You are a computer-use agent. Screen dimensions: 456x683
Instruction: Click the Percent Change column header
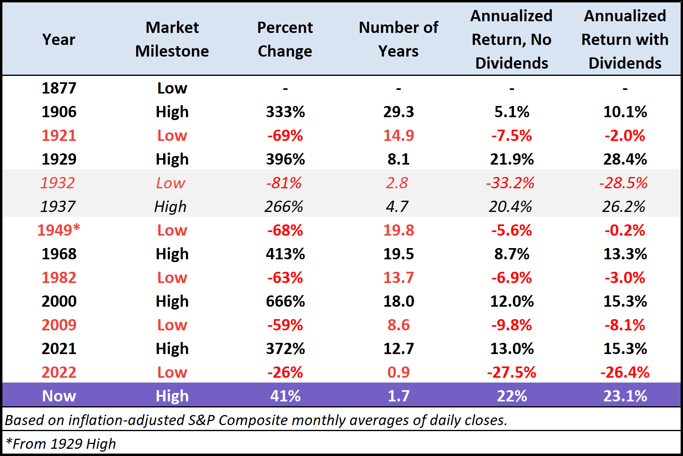point(285,39)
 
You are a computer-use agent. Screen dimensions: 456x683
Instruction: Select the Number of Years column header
point(398,39)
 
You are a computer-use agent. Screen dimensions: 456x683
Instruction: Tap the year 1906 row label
point(59,112)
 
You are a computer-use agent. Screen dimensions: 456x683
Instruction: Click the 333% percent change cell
point(285,112)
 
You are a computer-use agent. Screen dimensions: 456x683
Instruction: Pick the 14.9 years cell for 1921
point(398,135)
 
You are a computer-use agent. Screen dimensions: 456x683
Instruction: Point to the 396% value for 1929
point(285,159)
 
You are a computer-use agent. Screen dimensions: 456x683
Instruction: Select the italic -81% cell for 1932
point(283,183)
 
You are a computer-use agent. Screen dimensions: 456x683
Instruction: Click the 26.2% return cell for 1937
point(624,206)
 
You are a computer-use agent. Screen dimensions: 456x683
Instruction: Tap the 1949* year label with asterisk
point(59,230)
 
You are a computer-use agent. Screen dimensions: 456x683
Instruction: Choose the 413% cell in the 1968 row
point(285,254)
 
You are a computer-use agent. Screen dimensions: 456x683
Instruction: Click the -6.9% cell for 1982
point(512,277)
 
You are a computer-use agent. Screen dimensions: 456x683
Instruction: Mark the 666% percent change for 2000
point(285,301)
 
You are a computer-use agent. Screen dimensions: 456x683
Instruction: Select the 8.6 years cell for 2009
point(398,325)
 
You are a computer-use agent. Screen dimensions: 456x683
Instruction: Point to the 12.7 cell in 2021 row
point(398,348)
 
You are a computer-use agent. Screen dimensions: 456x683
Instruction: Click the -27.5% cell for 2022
point(512,372)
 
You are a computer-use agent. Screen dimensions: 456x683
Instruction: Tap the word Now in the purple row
point(59,396)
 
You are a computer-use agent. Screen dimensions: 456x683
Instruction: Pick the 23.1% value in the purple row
point(625,396)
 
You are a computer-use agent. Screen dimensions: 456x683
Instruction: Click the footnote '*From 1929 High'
point(61,444)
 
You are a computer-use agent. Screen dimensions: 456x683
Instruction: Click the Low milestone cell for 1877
point(172,88)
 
